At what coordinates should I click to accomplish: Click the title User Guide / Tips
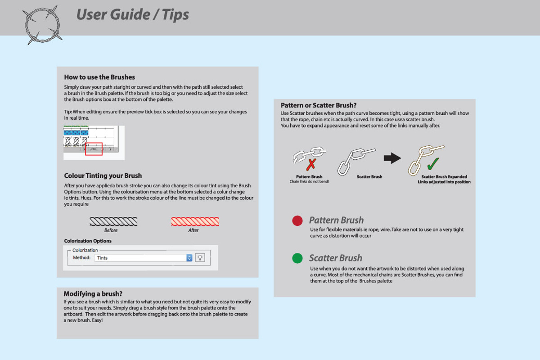click(132, 14)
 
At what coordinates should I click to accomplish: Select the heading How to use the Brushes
click(99, 77)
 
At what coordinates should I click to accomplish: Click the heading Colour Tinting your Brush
click(103, 175)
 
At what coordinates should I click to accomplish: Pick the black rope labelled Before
click(113, 221)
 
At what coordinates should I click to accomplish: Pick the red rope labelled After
click(195, 221)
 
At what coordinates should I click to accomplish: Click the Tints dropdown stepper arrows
click(189, 258)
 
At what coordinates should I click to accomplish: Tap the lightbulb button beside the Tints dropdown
click(200, 258)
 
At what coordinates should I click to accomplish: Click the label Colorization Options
click(88, 241)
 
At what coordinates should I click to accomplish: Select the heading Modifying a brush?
click(93, 294)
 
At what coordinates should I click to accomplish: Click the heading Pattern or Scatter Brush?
click(319, 105)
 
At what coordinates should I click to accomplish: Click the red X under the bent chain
click(311, 164)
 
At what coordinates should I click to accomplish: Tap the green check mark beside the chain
click(433, 164)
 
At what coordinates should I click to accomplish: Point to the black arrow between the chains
click(392, 158)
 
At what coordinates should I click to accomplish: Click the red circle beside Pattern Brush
click(297, 220)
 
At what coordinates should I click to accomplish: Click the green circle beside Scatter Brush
click(297, 258)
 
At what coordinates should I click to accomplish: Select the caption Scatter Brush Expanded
click(444, 177)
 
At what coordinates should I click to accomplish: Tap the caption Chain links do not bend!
click(309, 181)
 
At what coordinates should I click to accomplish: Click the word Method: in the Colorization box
click(82, 257)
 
